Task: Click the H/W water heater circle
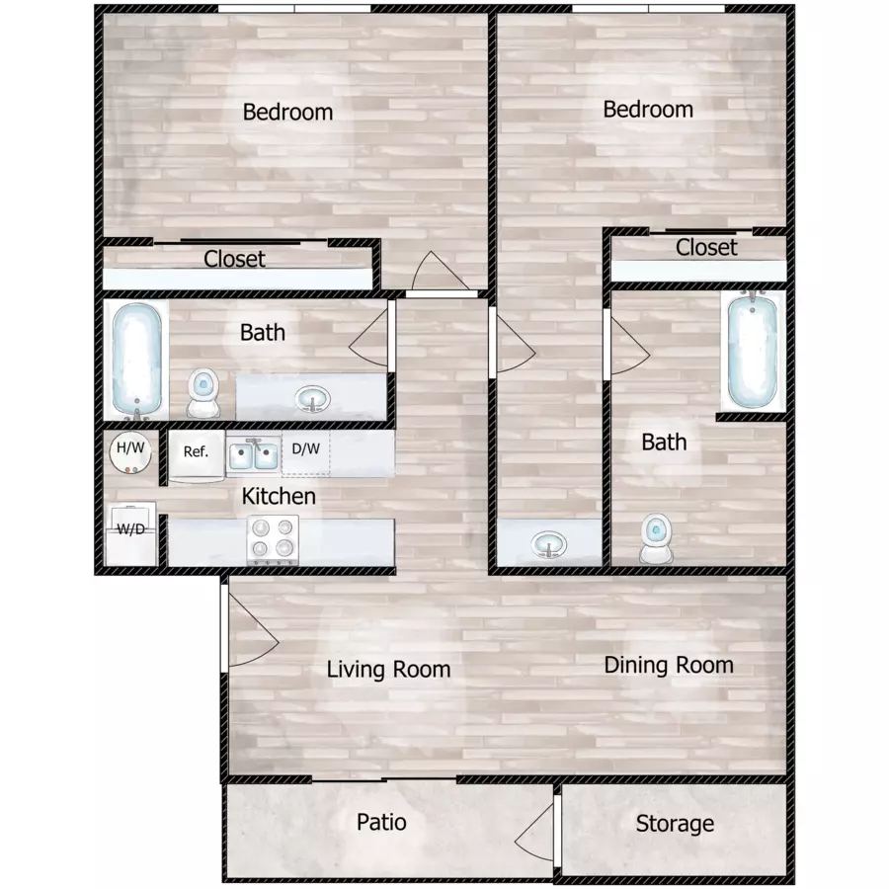[130, 452]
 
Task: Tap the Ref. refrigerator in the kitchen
[197, 455]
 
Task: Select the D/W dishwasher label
[305, 449]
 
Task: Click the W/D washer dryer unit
[131, 534]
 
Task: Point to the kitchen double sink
[254, 455]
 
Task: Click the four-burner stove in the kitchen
[273, 539]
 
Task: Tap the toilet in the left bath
[202, 392]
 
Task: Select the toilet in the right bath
[656, 538]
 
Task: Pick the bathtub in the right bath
[753, 350]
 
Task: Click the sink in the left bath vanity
[312, 399]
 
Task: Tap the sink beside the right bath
[548, 545]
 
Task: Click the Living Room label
[388, 670]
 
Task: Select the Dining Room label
[669, 666]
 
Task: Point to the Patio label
[381, 822]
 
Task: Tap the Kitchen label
[279, 496]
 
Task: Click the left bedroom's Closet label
[234, 259]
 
